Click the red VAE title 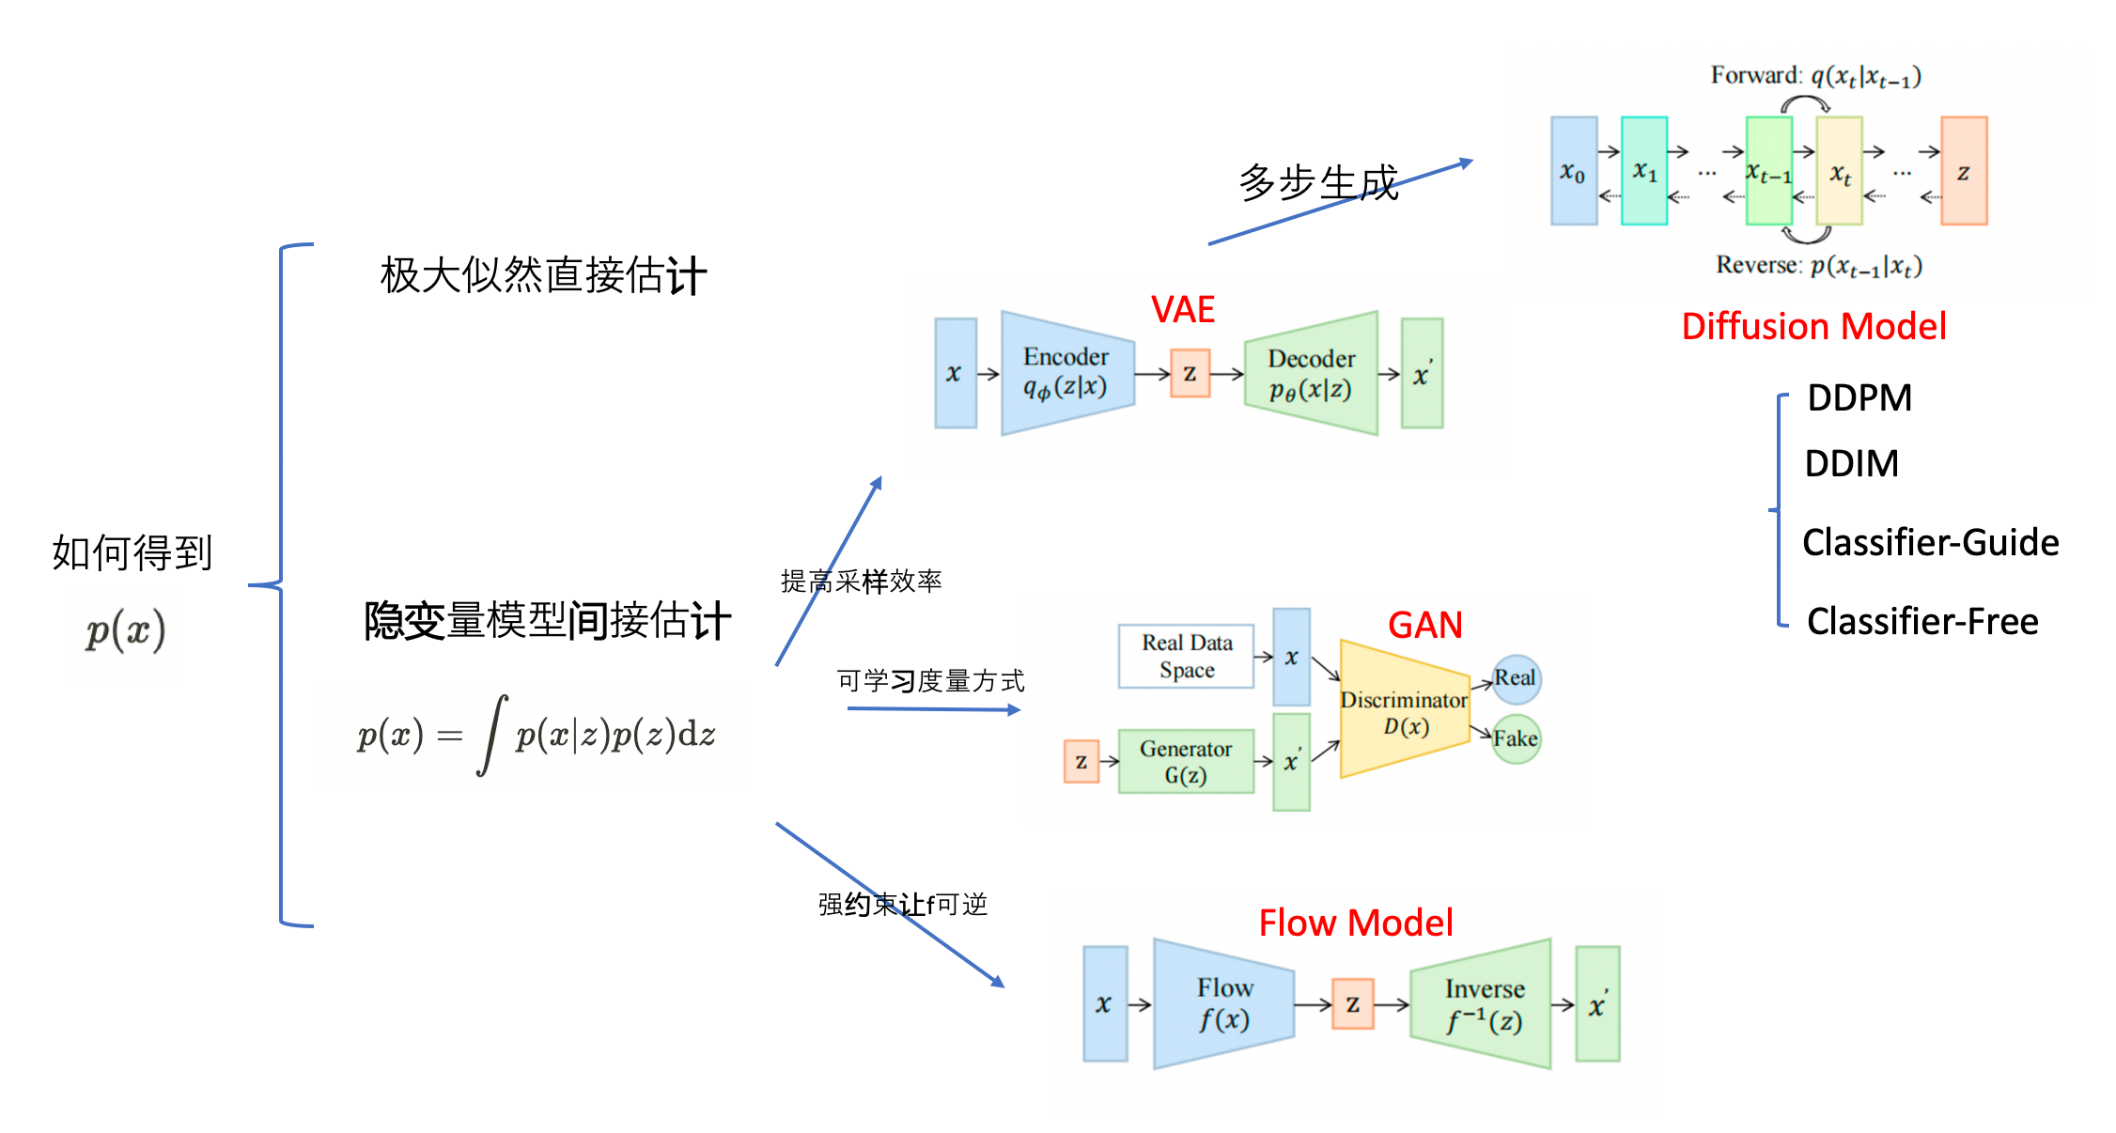coord(1183,310)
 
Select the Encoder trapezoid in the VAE coord(1067,373)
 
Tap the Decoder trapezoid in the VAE coord(1312,373)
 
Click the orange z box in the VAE coord(1190,373)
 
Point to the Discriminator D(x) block coord(1404,709)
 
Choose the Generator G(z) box coord(1186,761)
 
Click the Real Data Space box coord(1186,656)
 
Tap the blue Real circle coord(1516,679)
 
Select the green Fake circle coord(1516,738)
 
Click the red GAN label coord(1425,625)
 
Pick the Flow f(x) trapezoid coord(1223,1003)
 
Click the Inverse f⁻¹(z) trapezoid coord(1481,1003)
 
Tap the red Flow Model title coord(1356,923)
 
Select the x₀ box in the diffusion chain coord(1574,171)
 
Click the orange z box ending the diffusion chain coord(1964,171)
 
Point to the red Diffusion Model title coord(1813,326)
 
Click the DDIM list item coord(1852,463)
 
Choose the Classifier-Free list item coord(1922,621)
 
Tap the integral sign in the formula coord(492,735)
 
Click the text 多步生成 coord(1318,182)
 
